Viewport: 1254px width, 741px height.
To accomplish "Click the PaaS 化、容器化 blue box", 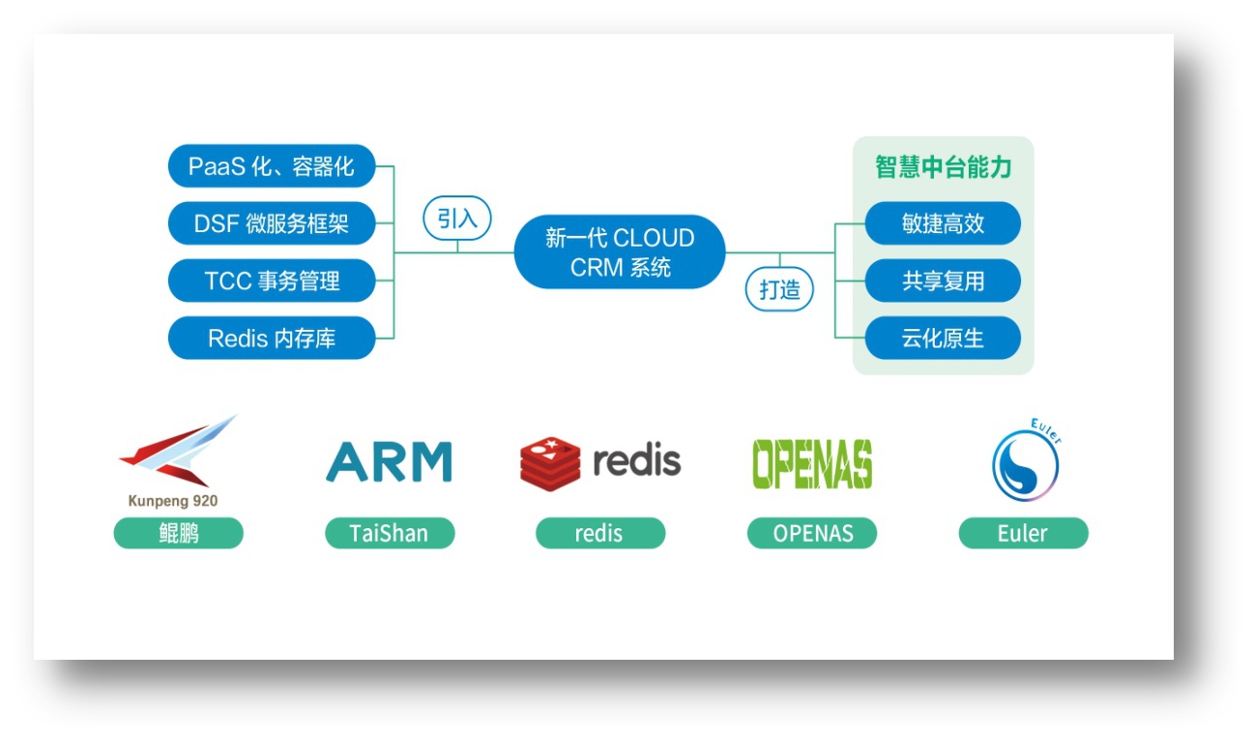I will click(272, 166).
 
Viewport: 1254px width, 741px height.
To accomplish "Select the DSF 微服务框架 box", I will click(272, 223).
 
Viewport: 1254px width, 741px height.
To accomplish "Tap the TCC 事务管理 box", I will click(272, 282).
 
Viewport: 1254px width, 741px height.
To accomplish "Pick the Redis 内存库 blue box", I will click(272, 339).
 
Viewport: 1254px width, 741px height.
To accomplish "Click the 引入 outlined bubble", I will click(457, 219).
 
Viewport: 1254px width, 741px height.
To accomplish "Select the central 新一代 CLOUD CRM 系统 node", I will click(620, 252).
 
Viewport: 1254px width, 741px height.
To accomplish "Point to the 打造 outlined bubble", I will click(779, 289).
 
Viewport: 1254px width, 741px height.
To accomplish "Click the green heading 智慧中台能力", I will click(943, 167).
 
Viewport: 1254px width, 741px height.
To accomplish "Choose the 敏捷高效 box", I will click(943, 223).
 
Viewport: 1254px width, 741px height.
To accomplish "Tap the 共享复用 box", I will click(943, 282).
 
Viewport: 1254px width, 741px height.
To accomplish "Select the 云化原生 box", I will click(943, 339).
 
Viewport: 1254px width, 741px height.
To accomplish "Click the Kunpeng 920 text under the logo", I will click(173, 501).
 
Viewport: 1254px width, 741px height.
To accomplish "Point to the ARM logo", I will click(389, 462).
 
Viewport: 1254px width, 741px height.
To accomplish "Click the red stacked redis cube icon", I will click(550, 463).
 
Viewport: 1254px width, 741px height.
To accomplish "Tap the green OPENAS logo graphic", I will click(812, 464).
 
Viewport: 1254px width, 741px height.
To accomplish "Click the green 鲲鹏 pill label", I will click(179, 533).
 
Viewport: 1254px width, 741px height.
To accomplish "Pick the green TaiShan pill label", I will click(390, 533).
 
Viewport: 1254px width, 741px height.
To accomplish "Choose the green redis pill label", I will click(600, 533).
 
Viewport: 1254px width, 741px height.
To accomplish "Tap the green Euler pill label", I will click(1023, 533).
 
